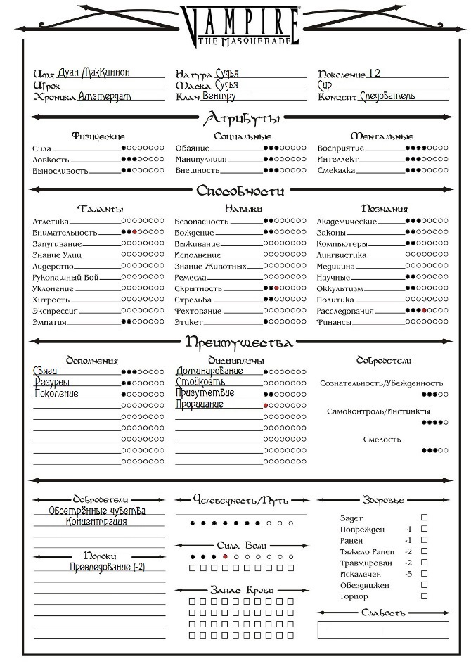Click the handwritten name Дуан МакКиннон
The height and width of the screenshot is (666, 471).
[x=105, y=72]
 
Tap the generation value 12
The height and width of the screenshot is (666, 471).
[x=374, y=73]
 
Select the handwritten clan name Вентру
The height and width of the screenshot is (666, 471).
[x=220, y=96]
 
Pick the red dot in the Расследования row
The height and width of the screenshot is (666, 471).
[x=424, y=310]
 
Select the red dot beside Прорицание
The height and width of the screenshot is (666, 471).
[x=266, y=406]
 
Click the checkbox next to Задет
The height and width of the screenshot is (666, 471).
[x=424, y=518]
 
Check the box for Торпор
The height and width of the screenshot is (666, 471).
[x=424, y=596]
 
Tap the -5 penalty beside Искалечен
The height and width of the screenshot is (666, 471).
[x=408, y=574]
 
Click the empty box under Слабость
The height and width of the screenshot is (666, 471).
[x=383, y=629]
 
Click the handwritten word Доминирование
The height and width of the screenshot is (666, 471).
[x=210, y=371]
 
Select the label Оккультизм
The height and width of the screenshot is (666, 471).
[x=341, y=288]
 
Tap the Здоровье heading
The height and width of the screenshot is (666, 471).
[x=383, y=500]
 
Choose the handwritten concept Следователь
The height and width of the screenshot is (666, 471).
[x=387, y=96]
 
